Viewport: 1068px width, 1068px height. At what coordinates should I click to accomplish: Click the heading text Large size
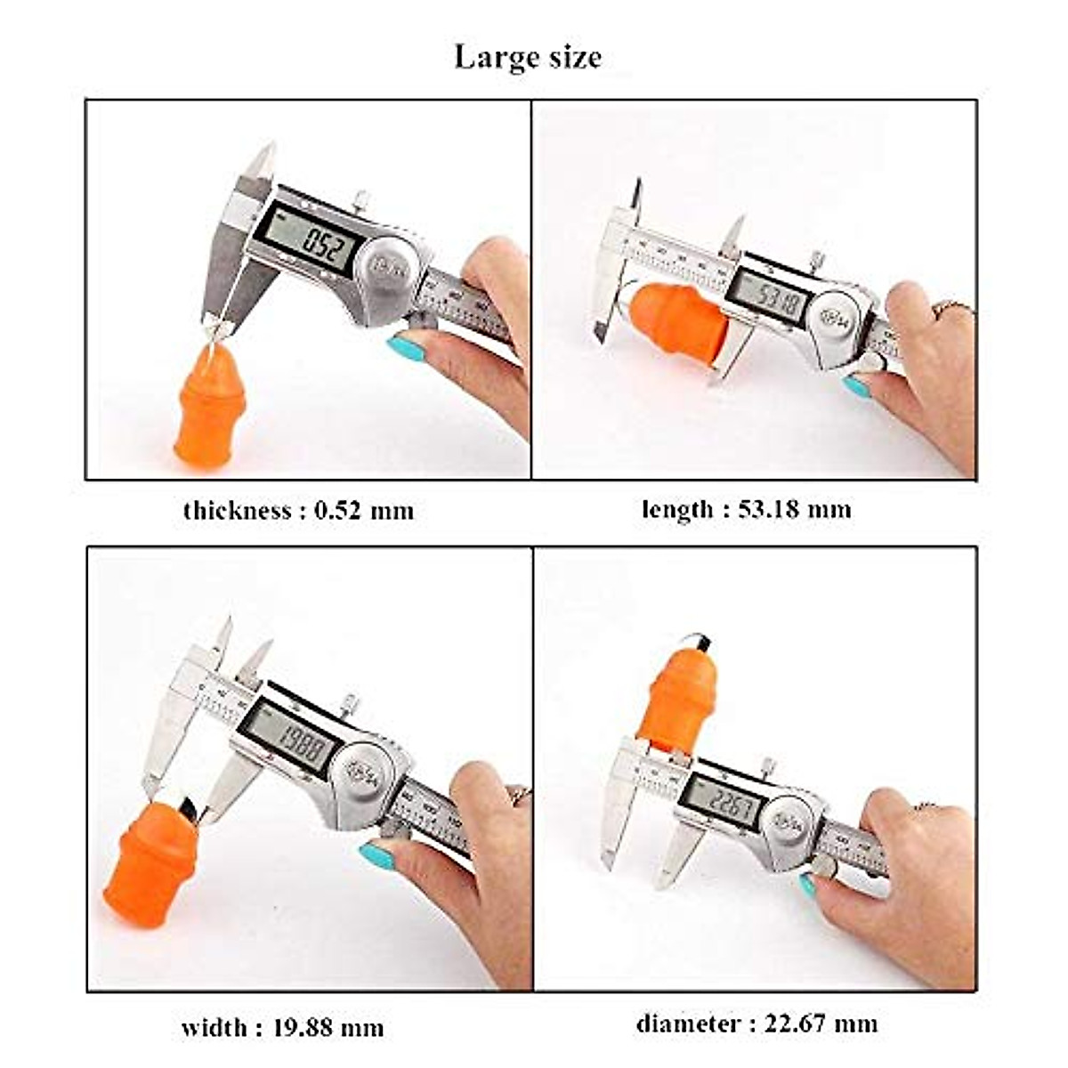click(528, 57)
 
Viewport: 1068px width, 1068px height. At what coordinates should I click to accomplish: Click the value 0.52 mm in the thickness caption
click(365, 511)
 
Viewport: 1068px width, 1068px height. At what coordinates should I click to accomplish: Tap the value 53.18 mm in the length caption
click(795, 510)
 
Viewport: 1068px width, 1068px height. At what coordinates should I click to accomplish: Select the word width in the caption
click(214, 1028)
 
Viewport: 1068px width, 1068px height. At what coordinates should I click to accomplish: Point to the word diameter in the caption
click(688, 1023)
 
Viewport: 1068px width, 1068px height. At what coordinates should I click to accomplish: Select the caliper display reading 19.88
click(289, 739)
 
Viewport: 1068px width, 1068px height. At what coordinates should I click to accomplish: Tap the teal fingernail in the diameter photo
click(808, 886)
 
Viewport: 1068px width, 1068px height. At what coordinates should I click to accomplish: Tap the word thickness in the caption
click(237, 511)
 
